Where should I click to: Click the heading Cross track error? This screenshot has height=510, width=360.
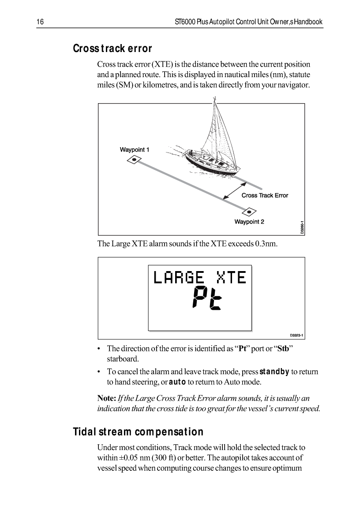(x=112, y=48)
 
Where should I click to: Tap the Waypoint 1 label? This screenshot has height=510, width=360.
(x=135, y=150)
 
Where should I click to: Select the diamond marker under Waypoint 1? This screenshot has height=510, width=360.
(x=133, y=160)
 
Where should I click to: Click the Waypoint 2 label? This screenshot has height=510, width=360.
(x=249, y=222)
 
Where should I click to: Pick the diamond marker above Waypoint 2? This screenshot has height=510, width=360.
(x=249, y=212)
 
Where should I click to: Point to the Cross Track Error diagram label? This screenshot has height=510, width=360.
(x=265, y=195)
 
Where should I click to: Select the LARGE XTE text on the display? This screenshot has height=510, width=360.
(x=199, y=277)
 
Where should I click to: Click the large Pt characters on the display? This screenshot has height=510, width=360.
(x=207, y=298)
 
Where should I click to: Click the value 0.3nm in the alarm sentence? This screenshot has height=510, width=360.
(x=266, y=243)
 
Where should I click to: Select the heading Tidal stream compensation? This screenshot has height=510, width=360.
(x=138, y=432)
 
